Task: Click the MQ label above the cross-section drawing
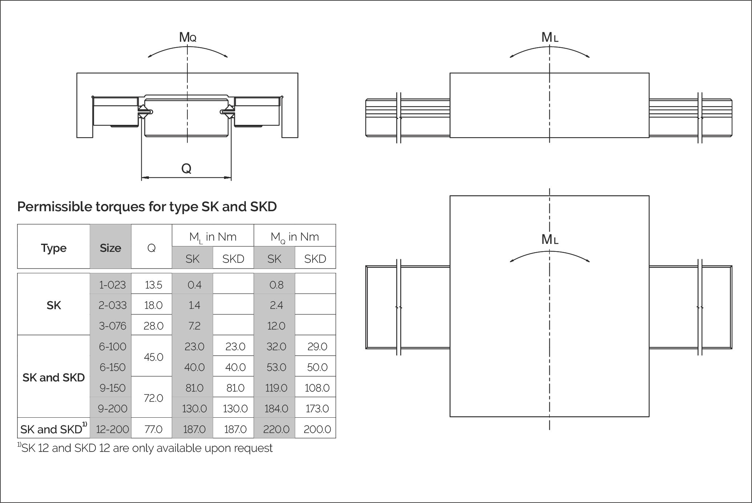187,37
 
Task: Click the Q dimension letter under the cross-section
186,168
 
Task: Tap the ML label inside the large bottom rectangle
549,240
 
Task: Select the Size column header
110,248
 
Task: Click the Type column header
54,248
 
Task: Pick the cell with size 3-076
113,326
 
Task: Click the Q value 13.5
153,285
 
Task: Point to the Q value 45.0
153,357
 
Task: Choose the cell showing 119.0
276,388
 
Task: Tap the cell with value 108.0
317,388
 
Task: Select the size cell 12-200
112,429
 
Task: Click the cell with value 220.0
276,429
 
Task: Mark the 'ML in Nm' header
213,237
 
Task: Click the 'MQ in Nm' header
294,237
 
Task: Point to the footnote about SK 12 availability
145,448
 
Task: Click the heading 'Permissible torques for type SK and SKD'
147,206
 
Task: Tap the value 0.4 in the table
194,285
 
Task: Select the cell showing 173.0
317,409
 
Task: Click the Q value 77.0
153,429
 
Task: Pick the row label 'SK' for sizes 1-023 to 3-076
54,305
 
